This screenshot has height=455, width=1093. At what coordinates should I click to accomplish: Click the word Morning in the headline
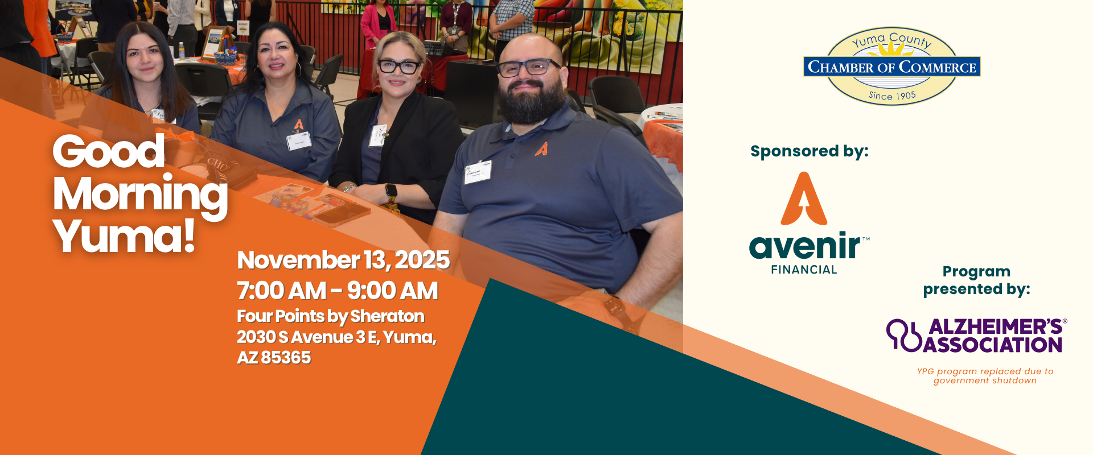tap(140, 195)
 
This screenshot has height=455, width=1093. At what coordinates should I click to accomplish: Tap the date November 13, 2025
tap(343, 260)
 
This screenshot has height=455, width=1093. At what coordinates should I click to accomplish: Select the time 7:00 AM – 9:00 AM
tap(338, 291)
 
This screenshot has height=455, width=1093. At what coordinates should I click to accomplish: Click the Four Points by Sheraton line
tap(331, 316)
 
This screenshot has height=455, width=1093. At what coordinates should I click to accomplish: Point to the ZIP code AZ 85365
tap(274, 357)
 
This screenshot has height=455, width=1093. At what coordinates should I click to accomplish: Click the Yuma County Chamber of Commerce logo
tap(892, 67)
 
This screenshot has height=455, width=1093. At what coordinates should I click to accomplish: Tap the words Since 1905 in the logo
tap(892, 95)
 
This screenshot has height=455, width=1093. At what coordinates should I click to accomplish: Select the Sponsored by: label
tap(810, 151)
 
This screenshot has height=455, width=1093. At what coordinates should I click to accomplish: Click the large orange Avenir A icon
tap(804, 198)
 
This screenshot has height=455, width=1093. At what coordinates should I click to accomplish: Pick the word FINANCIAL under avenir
tap(804, 270)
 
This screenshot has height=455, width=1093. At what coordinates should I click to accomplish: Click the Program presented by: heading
tap(977, 280)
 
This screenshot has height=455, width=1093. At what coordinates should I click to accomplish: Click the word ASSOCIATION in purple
tap(993, 345)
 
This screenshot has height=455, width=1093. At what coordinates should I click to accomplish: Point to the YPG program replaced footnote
tap(985, 376)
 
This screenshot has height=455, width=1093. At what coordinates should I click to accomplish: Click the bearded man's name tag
tap(478, 172)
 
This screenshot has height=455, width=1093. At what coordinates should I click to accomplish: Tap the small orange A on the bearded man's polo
tap(541, 148)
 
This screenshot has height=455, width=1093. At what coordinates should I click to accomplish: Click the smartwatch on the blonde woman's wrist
tap(391, 191)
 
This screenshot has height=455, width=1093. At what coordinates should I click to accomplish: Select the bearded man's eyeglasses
tap(528, 67)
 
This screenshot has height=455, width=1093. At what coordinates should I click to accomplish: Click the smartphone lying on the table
tap(342, 213)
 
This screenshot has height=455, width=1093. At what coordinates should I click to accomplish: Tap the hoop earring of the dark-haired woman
tap(298, 69)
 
